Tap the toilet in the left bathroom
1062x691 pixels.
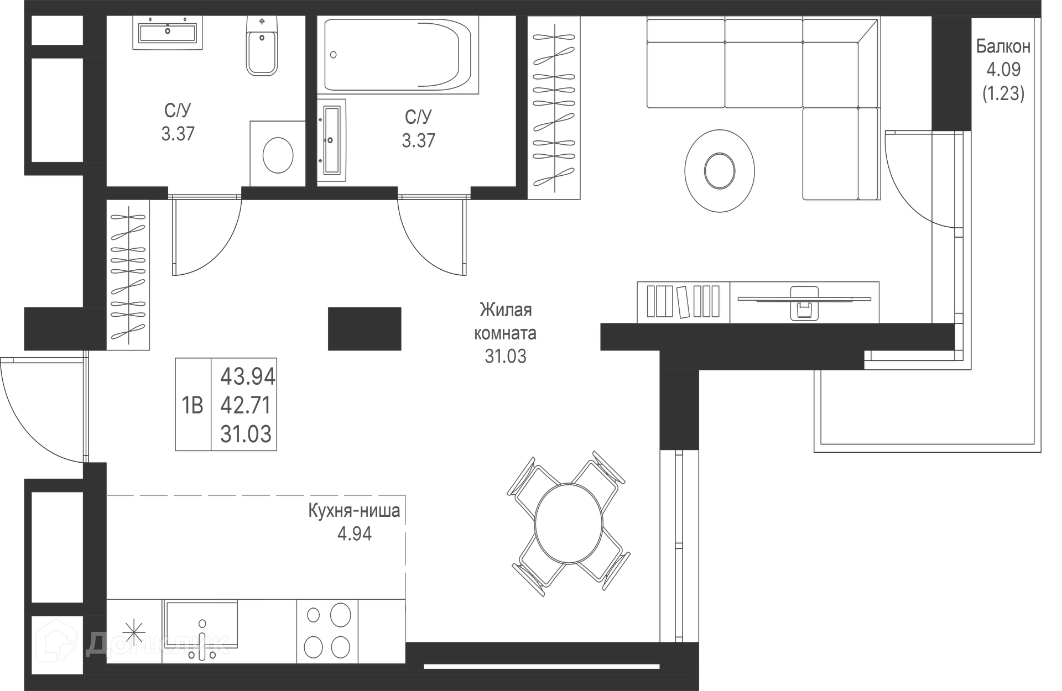(262, 46)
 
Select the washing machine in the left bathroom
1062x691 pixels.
(278, 154)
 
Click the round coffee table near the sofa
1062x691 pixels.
(720, 170)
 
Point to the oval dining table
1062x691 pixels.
(569, 523)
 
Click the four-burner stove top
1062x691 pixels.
(328, 631)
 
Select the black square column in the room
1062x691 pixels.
(365, 329)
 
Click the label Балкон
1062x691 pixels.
(1003, 46)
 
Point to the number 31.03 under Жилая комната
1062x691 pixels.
(506, 357)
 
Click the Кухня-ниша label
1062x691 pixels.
(354, 510)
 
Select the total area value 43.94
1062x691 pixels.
(248, 377)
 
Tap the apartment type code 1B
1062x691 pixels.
(192, 406)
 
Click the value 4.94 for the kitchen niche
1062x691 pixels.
(355, 534)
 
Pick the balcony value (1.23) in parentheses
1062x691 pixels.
(1003, 93)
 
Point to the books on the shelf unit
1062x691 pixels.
(683, 301)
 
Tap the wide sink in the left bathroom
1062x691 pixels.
(168, 33)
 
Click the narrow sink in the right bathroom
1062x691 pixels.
(331, 140)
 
